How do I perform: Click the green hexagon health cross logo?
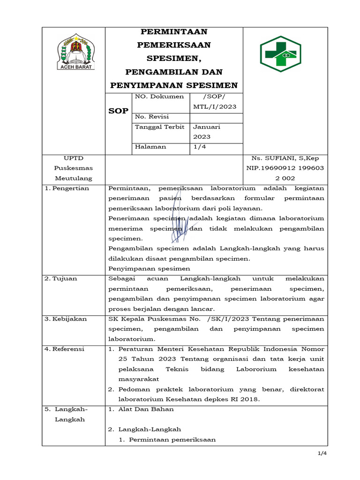point(280,53)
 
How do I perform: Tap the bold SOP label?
point(118,111)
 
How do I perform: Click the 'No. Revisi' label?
point(151,117)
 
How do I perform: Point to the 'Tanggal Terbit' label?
point(159,127)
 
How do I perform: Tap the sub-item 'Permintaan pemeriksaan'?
point(172,440)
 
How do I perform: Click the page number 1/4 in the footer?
point(322,453)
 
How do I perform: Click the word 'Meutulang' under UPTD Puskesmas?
point(74,178)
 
